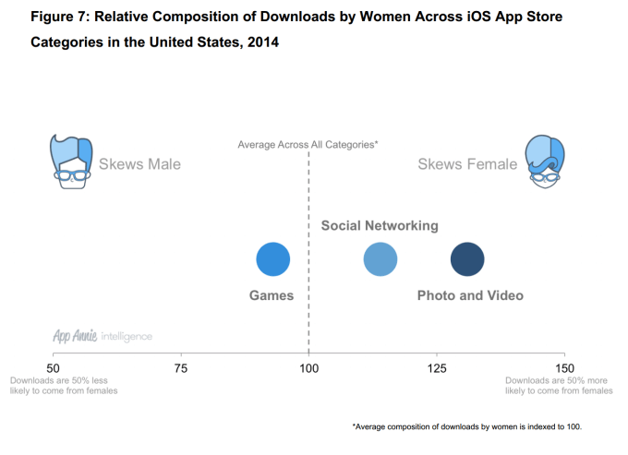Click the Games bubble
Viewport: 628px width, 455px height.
pos(273,259)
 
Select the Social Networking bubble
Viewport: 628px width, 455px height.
pos(380,259)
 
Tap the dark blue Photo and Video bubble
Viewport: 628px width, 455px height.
pos(467,259)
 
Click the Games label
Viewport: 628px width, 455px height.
pos(272,295)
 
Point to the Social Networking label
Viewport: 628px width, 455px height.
pos(380,226)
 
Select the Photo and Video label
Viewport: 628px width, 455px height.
pos(470,295)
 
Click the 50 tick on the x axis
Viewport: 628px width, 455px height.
pos(54,368)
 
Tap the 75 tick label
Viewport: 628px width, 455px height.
pos(181,368)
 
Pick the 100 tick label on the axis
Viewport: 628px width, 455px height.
pos(308,368)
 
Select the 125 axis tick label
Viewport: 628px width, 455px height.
pos(436,368)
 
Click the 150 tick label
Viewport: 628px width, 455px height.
pos(563,368)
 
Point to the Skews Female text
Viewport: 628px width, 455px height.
pos(467,164)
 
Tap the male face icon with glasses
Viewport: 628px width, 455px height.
pos(72,162)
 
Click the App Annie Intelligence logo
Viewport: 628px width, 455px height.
pos(103,336)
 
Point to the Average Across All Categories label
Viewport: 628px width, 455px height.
pos(308,144)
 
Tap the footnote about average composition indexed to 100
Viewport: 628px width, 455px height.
pos(469,426)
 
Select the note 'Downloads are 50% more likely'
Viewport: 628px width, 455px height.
pos(559,385)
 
